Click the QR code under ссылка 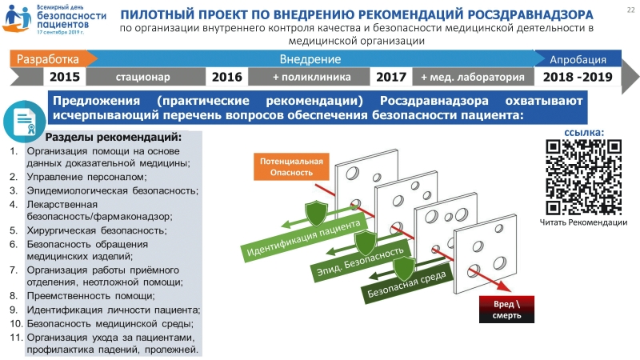584,177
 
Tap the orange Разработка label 48,59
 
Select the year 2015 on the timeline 65,77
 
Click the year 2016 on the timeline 227,77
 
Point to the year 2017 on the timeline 391,77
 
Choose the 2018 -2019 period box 578,77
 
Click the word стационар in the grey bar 143,77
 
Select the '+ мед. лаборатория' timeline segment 473,77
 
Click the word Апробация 578,59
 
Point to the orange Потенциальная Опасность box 291,166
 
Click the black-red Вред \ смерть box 506,310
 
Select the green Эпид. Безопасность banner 361,262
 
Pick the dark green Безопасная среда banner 407,284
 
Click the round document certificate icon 24,122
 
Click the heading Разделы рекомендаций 113,137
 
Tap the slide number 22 630,10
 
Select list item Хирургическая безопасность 97,230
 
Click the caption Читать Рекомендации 583,222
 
